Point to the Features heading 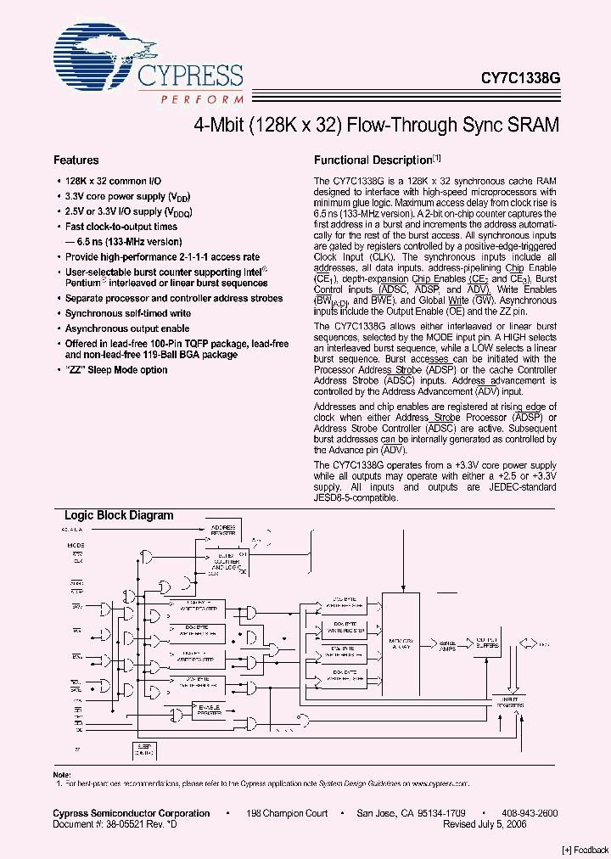coord(76,160)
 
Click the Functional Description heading coord(373,160)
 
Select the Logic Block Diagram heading coord(119,515)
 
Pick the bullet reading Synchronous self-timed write coord(128,313)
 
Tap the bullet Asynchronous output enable coord(127,328)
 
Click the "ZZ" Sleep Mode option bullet coord(116,370)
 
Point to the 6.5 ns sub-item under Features coord(125,241)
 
